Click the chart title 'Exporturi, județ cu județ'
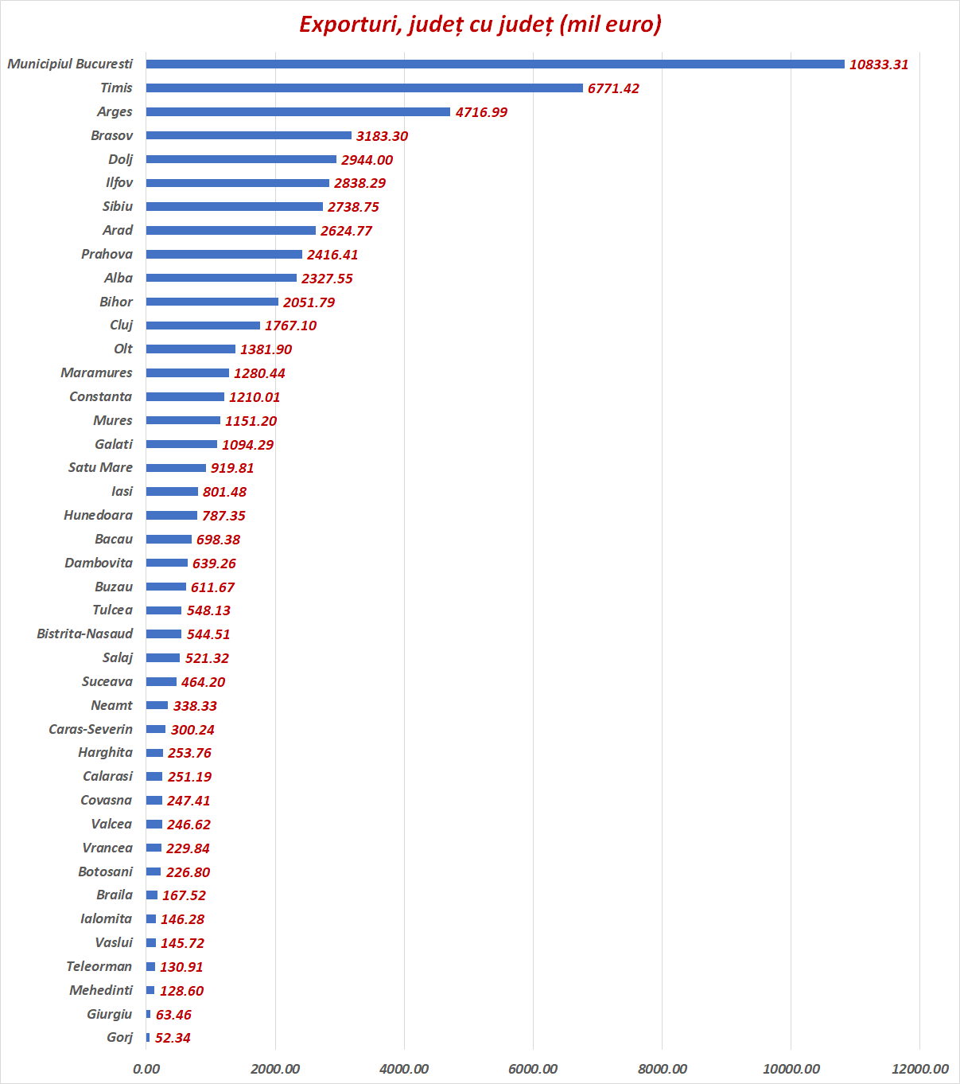pyautogui.click(x=480, y=25)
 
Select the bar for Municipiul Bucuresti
pyautogui.click(x=495, y=64)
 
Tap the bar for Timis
pyautogui.click(x=364, y=88)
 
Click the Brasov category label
pyautogui.click(x=111, y=135)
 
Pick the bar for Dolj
pyautogui.click(x=241, y=159)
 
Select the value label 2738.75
pyautogui.click(x=353, y=207)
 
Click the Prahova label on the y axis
pyautogui.click(x=107, y=254)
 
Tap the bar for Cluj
pyautogui.click(x=203, y=326)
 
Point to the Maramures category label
pyautogui.click(x=96, y=372)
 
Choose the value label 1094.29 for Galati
pyautogui.click(x=247, y=445)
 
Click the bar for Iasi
pyautogui.click(x=172, y=492)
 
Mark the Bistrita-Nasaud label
pyautogui.click(x=84, y=634)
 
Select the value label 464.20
pyautogui.click(x=203, y=682)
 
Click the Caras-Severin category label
pyautogui.click(x=91, y=729)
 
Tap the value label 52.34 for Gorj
pyautogui.click(x=173, y=1038)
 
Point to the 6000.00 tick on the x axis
pyautogui.click(x=533, y=1069)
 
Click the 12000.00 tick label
pyautogui.click(x=919, y=1069)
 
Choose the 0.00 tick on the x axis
pyautogui.click(x=146, y=1069)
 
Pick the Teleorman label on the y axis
pyautogui.click(x=99, y=966)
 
